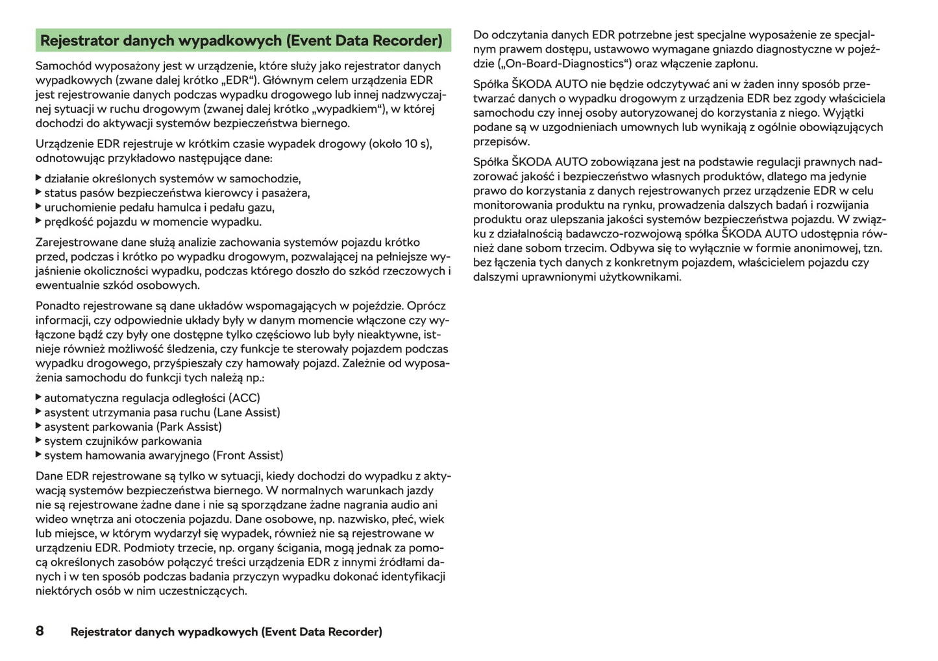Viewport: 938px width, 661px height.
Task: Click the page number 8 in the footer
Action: coord(40,631)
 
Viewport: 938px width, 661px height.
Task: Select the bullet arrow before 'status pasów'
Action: coord(38,193)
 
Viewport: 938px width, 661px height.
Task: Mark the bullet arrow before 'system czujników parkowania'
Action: coord(38,440)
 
